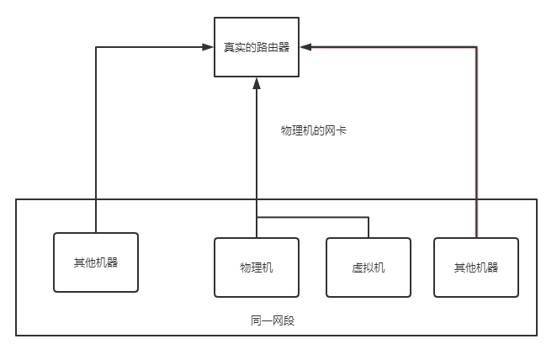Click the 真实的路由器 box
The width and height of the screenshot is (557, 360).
[257, 47]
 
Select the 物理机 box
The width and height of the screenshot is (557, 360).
[257, 267]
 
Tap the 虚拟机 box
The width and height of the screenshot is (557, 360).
[369, 267]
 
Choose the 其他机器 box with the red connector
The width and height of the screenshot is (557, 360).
[476, 267]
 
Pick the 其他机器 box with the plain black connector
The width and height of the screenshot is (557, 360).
[95, 262]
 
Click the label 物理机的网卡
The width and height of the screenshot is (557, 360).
[314, 130]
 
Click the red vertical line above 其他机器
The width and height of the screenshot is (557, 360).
[477, 143]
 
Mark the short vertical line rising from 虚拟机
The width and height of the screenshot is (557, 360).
[369, 227]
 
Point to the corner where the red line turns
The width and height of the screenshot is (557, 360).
[477, 48]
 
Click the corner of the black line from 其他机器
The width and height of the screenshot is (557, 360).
[96, 48]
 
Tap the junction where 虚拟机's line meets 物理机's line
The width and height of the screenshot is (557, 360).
[257, 218]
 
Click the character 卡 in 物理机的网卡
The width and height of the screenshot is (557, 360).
[342, 130]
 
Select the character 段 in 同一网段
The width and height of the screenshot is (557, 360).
[289, 321]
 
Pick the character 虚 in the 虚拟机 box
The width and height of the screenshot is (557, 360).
[358, 267]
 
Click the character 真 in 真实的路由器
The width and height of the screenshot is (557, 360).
[229, 47]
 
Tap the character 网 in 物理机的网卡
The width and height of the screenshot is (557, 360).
[331, 130]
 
